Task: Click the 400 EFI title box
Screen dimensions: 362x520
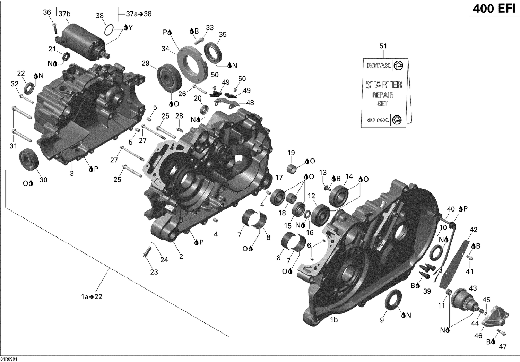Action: click(x=494, y=8)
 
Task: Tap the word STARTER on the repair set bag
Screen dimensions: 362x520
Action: click(x=384, y=85)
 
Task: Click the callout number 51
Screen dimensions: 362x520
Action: click(x=383, y=46)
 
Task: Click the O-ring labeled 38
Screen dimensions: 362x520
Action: click(x=109, y=30)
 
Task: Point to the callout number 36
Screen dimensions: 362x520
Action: click(x=47, y=12)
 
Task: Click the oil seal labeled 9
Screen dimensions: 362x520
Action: click(x=393, y=300)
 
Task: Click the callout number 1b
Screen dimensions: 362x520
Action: click(x=333, y=320)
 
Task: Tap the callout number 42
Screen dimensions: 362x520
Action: click(x=473, y=230)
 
